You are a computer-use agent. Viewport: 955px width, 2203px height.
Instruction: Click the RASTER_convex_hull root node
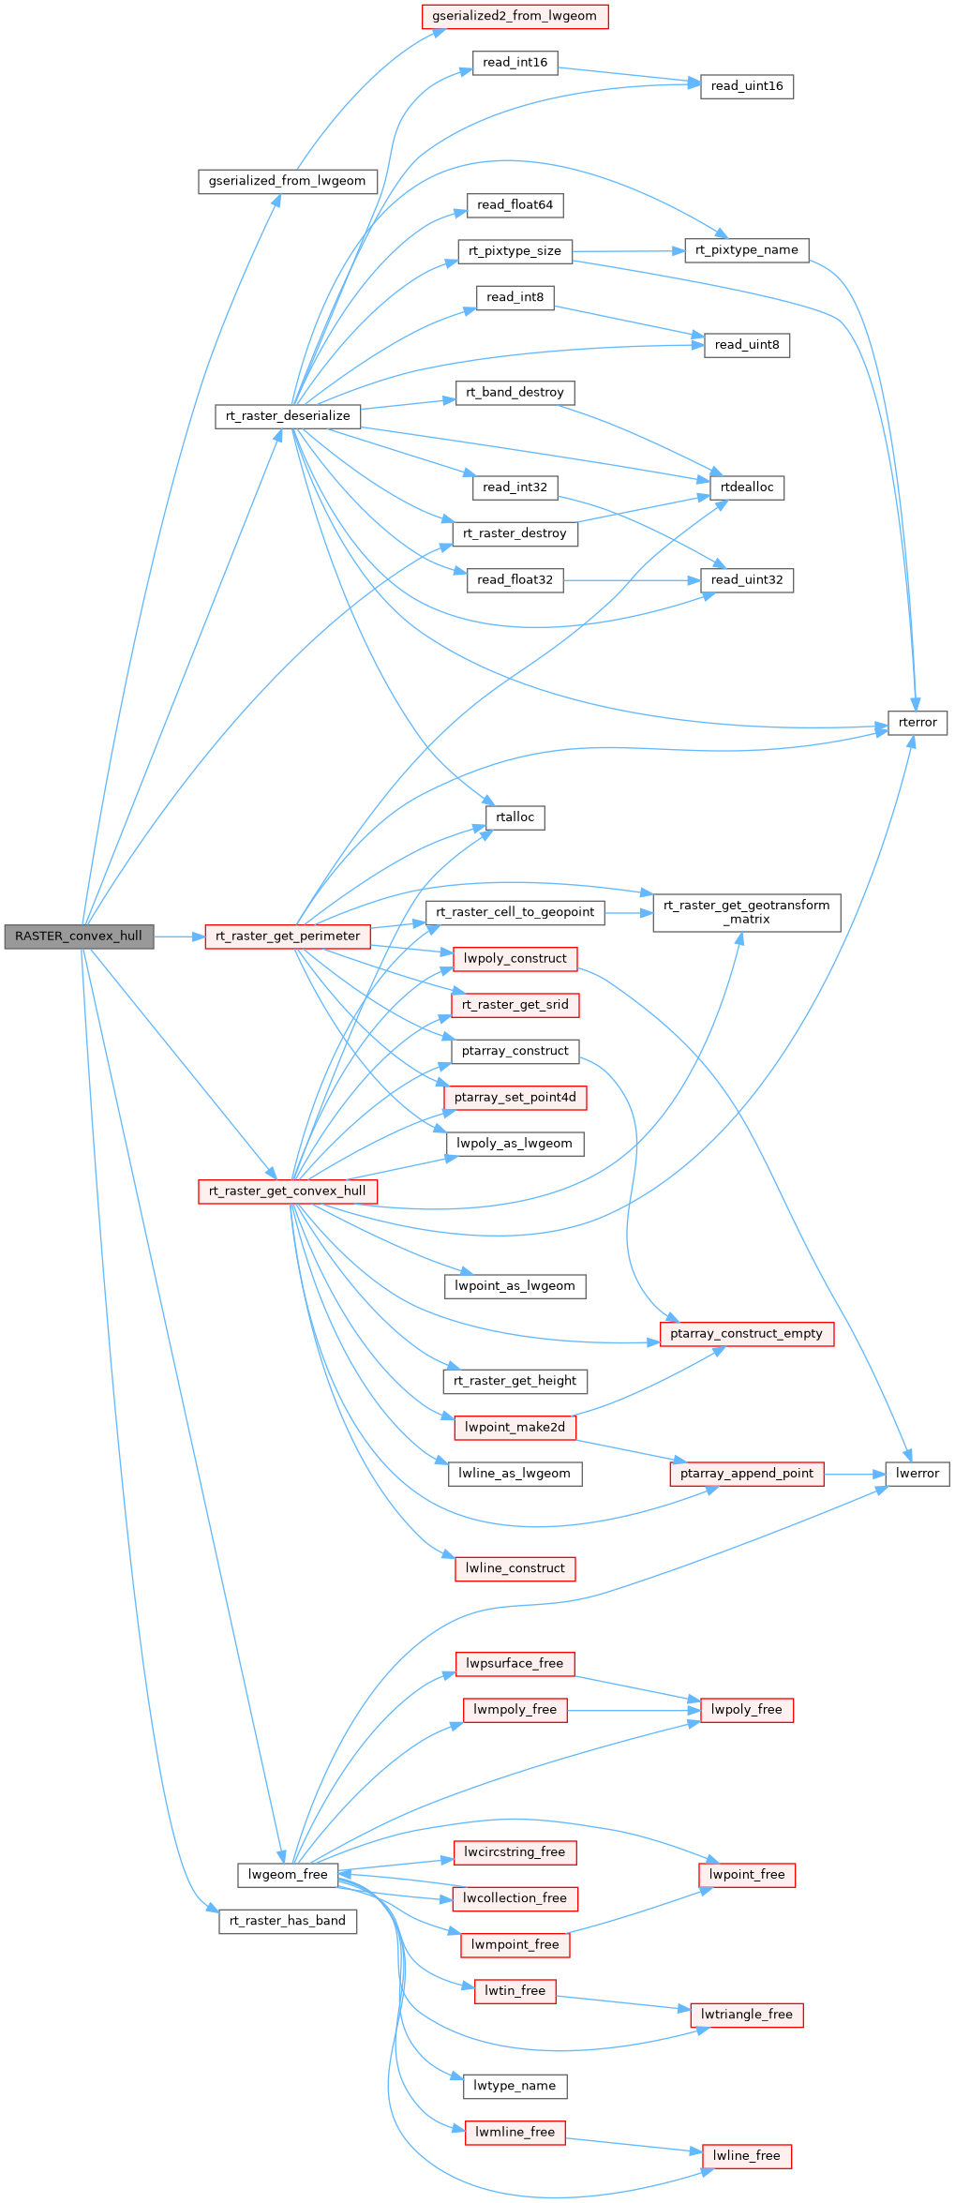click(x=79, y=936)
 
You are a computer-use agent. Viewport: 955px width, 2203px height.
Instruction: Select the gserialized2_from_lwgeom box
click(x=515, y=16)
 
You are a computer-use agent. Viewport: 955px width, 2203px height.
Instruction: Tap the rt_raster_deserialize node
click(x=288, y=416)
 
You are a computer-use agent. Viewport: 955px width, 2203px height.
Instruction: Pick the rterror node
click(x=918, y=723)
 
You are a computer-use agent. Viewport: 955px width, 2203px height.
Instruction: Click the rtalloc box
click(x=515, y=817)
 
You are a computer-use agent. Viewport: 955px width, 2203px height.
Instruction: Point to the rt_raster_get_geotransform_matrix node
click(x=746, y=912)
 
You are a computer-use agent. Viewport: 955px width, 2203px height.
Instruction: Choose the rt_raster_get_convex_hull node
click(x=288, y=1191)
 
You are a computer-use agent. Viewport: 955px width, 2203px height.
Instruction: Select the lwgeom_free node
click(x=288, y=1875)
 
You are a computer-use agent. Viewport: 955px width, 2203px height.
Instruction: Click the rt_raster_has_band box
click(x=288, y=1921)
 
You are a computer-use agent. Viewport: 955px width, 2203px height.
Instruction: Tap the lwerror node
click(x=918, y=1474)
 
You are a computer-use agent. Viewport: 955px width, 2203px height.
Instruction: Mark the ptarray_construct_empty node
click(x=746, y=1334)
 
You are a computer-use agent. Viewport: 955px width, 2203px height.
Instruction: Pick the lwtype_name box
click(x=515, y=2086)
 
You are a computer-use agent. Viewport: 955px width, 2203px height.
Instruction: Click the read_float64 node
click(x=515, y=205)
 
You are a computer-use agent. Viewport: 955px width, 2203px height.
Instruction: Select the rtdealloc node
click(x=747, y=487)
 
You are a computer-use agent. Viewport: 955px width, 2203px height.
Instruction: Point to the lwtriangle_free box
click(x=746, y=2015)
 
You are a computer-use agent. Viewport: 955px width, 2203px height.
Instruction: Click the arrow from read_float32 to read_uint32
click(x=633, y=580)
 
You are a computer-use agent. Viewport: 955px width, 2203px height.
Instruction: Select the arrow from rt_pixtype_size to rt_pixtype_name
click(x=628, y=251)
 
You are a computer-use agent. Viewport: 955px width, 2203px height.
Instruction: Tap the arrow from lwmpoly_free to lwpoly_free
click(x=634, y=1710)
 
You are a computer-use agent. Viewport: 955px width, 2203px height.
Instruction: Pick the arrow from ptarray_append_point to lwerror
click(x=855, y=1475)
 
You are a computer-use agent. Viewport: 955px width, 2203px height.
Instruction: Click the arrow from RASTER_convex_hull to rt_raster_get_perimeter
click(x=179, y=936)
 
